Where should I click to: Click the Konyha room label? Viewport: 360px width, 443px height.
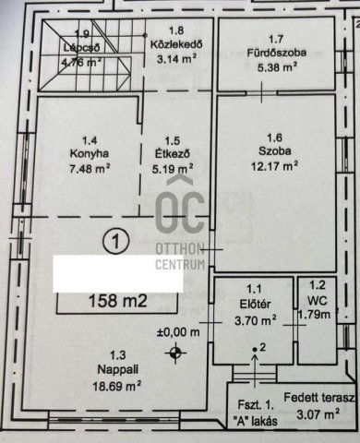pos(90,154)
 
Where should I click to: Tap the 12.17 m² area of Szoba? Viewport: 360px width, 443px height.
pos(274,166)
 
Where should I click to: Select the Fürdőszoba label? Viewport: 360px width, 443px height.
pos(277,53)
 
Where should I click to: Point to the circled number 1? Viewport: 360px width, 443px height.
pos(115,241)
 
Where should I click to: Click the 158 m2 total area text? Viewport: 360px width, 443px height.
pos(118,301)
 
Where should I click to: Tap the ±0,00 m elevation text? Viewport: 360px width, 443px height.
pos(178,332)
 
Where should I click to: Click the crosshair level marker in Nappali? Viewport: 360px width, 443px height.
pos(175,353)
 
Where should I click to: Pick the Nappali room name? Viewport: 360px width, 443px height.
pos(118,370)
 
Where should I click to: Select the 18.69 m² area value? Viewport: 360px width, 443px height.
pos(117,386)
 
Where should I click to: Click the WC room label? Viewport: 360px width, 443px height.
pos(318,301)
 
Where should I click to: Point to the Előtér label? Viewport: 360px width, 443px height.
pos(255,305)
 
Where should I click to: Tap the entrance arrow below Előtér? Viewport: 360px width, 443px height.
pos(255,371)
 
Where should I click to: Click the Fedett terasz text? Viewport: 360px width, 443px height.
pos(318,398)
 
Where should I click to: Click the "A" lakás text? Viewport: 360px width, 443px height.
pos(256,421)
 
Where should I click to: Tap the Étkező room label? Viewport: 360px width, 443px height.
pos(173,153)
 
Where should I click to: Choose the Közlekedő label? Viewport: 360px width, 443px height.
pos(176,45)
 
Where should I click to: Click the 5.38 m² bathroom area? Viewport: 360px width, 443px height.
pos(277,67)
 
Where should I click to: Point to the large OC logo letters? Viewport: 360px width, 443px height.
pos(180,211)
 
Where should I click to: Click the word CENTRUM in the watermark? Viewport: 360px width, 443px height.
pos(180,264)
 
